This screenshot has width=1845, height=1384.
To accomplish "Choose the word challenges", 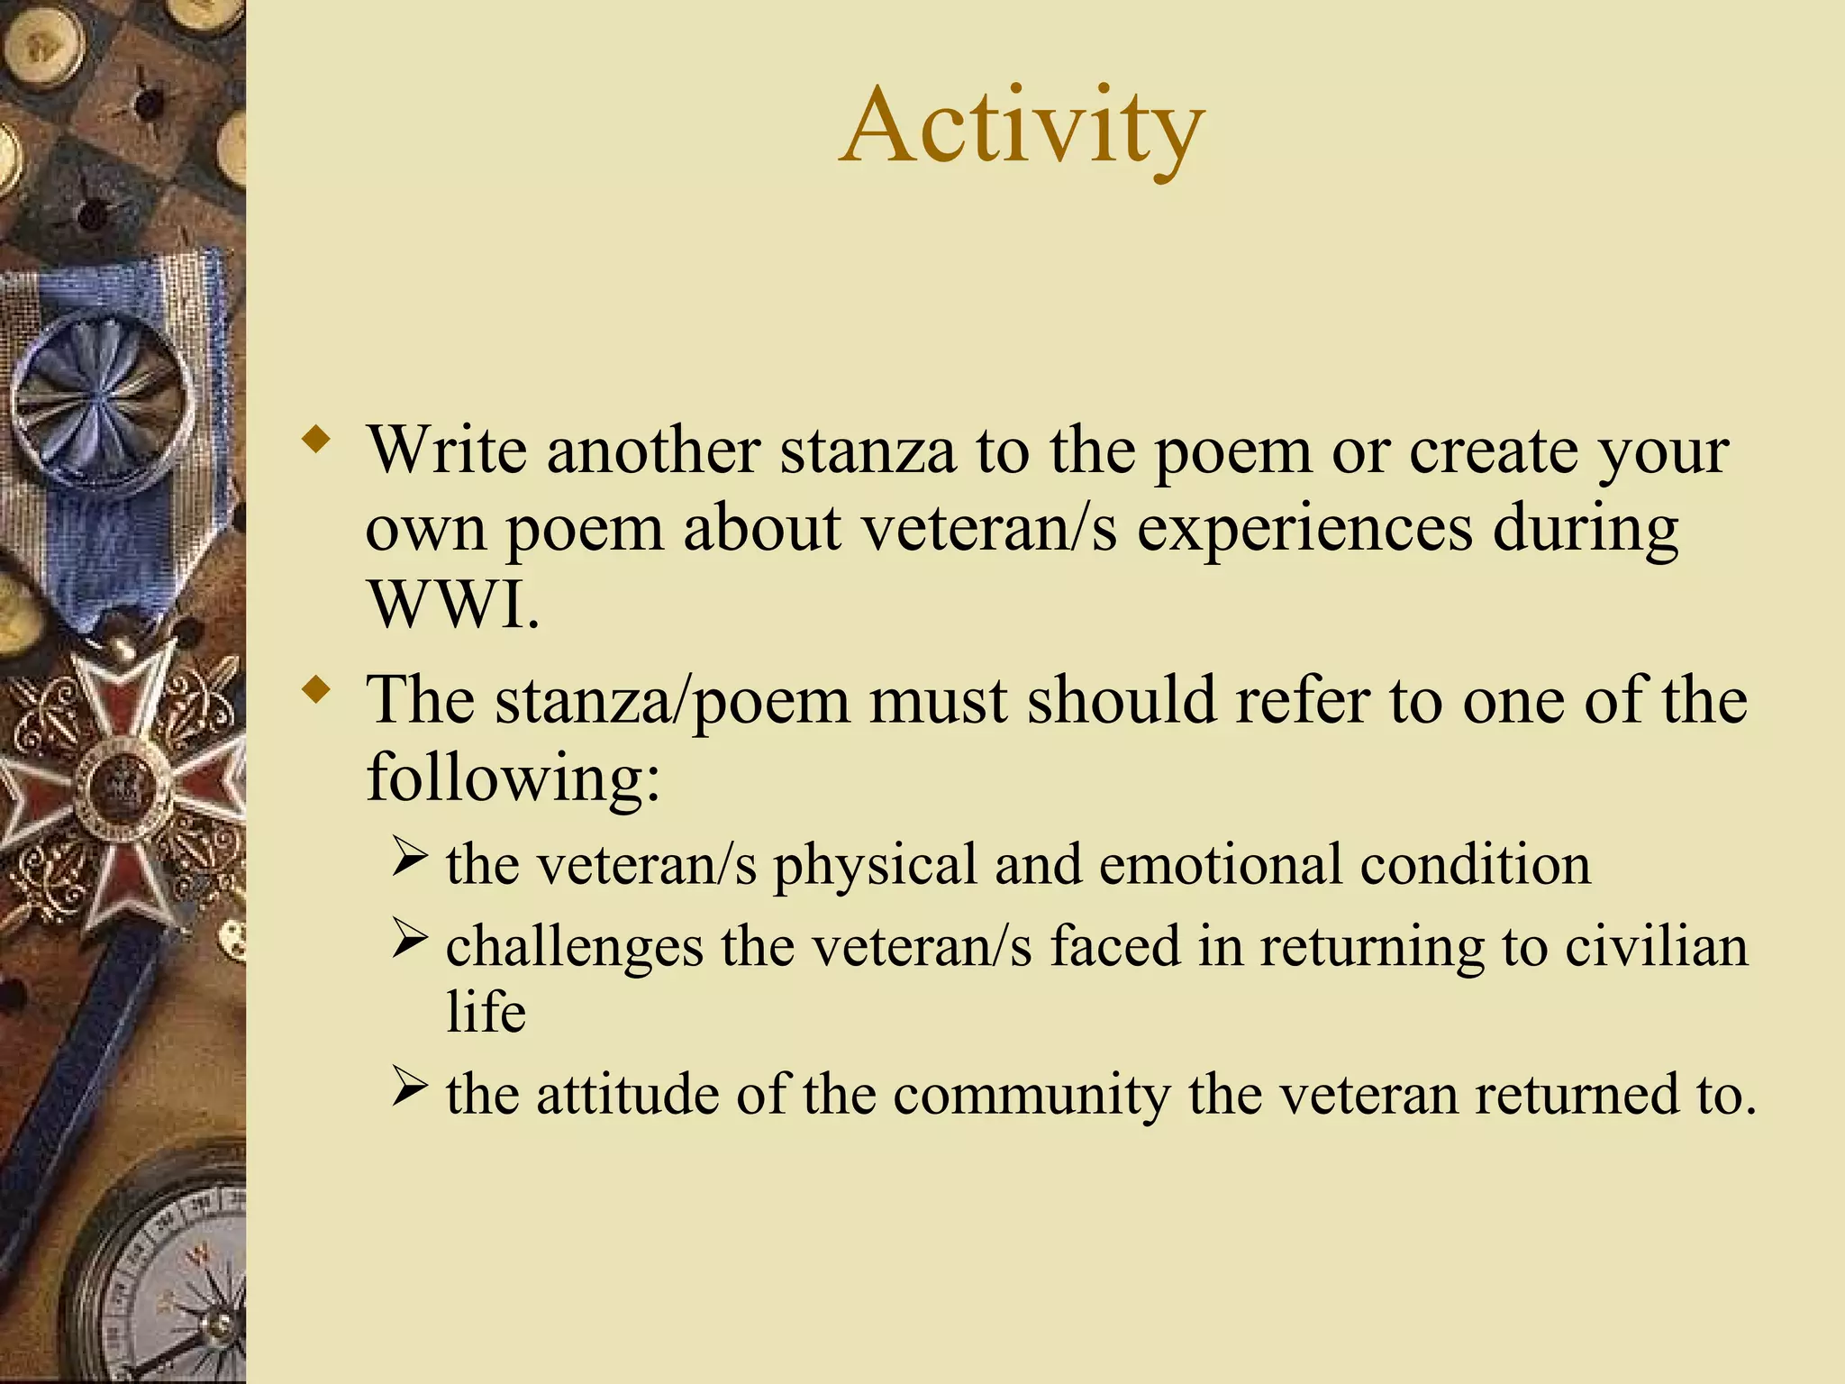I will coord(575,948).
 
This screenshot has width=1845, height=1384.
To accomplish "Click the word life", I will coord(486,1011).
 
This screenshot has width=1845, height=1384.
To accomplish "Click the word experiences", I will coord(1304,528).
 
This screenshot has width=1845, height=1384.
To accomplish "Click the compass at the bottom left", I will coord(171,1279).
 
